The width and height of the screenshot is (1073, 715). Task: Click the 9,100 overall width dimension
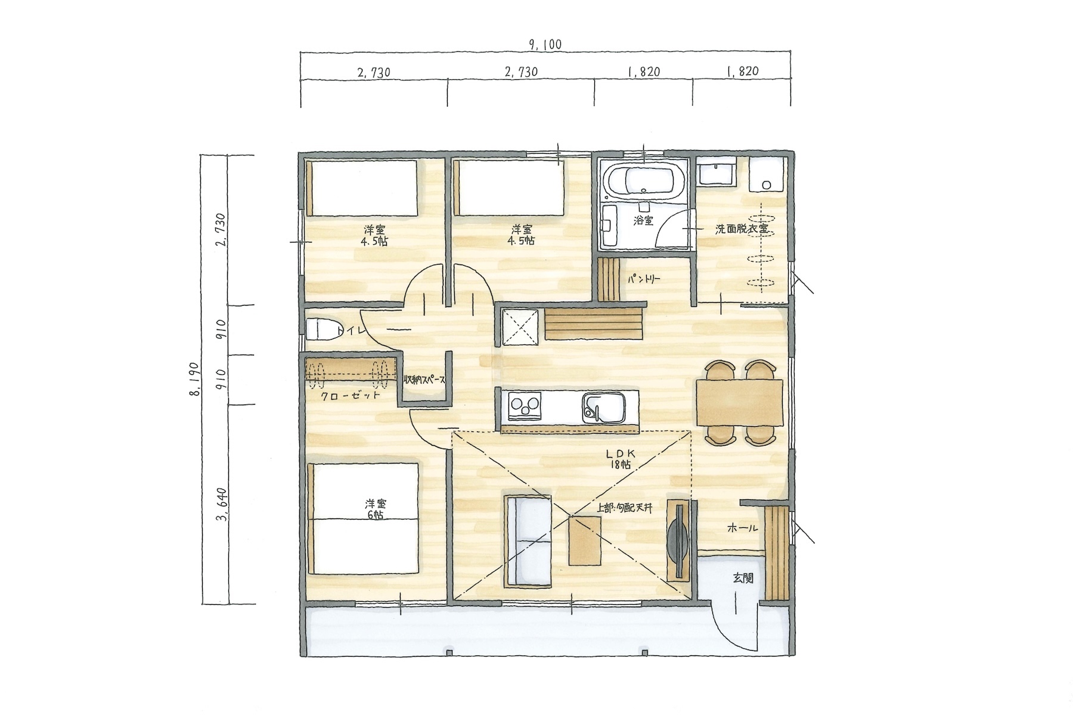[545, 45]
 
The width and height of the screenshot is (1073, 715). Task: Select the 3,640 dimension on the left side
[224, 505]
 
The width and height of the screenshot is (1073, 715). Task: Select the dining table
[739, 402]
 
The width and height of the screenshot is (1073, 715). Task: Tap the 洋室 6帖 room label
[374, 509]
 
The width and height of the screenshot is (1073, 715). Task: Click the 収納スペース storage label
[424, 380]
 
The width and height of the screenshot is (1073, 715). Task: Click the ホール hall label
[742, 528]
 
